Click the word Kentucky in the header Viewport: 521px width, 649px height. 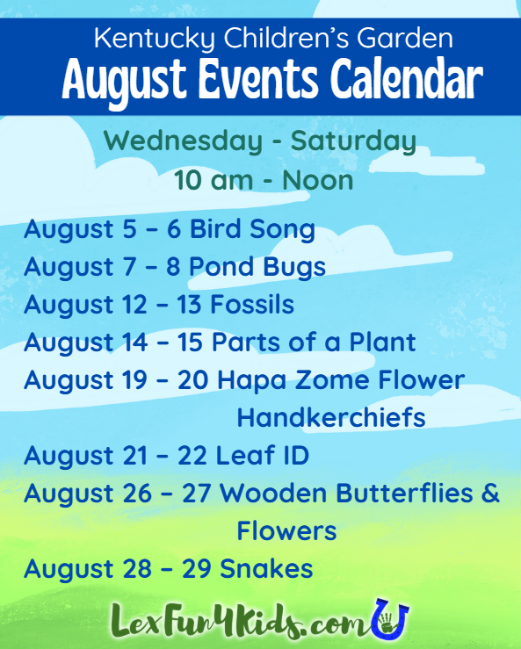coord(155,39)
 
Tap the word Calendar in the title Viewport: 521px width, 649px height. coord(407,80)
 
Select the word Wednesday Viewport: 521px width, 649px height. coord(183,141)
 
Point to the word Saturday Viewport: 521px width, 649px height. coord(353,141)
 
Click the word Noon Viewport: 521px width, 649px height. coord(318,180)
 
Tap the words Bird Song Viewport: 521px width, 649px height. coord(252,229)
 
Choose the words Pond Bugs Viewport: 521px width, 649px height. coord(257,267)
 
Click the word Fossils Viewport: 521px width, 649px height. coord(252,305)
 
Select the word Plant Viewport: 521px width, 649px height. coord(382,343)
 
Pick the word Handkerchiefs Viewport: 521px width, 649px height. coord(331,418)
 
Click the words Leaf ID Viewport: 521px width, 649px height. coord(263,455)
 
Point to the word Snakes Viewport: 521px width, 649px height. coord(266,568)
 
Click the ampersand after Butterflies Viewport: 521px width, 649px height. coord(491,493)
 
